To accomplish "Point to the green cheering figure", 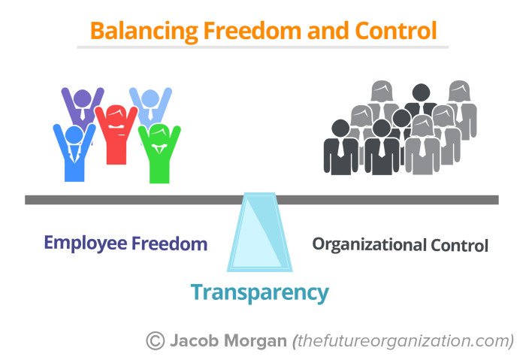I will pos(159,154).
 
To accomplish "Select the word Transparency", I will pos(259,292).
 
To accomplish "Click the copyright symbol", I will pos(156,340).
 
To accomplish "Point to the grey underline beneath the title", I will pos(262,47).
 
